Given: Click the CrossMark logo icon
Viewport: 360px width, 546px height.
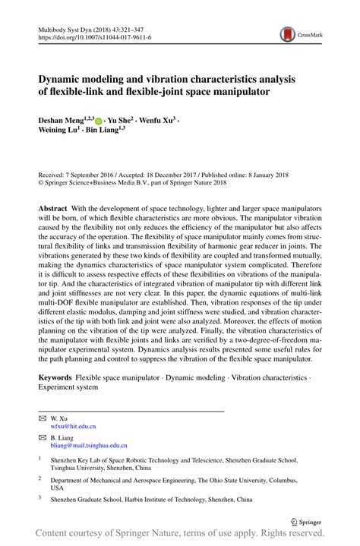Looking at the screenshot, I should pos(288,33).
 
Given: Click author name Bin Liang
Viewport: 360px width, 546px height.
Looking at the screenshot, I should pos(104,131).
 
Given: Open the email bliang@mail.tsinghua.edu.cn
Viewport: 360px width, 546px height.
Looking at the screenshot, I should pos(89,446).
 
